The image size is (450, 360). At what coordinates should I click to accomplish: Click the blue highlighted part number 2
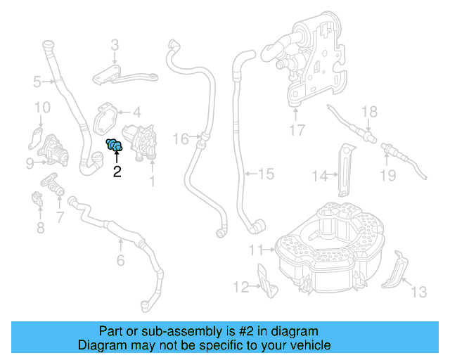115,146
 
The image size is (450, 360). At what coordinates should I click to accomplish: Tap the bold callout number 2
117,171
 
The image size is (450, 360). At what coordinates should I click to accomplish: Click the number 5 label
37,82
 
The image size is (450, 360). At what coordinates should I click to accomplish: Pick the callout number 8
40,227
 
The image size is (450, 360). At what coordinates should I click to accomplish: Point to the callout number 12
241,286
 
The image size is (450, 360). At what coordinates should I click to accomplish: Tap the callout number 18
369,111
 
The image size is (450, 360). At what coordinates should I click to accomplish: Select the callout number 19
388,175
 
